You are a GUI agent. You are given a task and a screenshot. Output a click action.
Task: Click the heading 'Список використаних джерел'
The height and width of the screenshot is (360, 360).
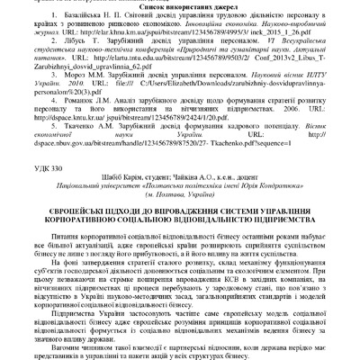pyautogui.click(x=179, y=5)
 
